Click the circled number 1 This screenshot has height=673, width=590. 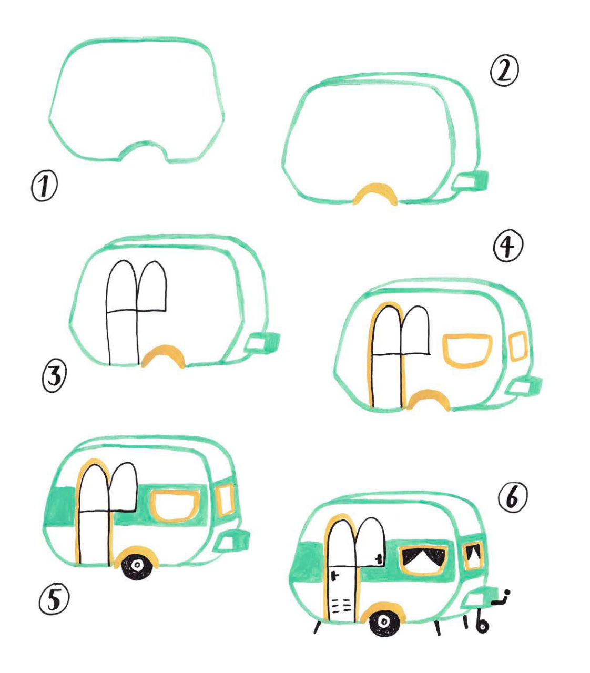tap(44, 186)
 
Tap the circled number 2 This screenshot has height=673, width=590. tap(504, 71)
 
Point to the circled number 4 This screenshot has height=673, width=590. tap(507, 246)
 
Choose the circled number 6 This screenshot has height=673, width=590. tap(513, 497)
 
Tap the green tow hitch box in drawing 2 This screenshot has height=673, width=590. tap(471, 182)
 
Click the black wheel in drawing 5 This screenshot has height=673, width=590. tap(137, 565)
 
